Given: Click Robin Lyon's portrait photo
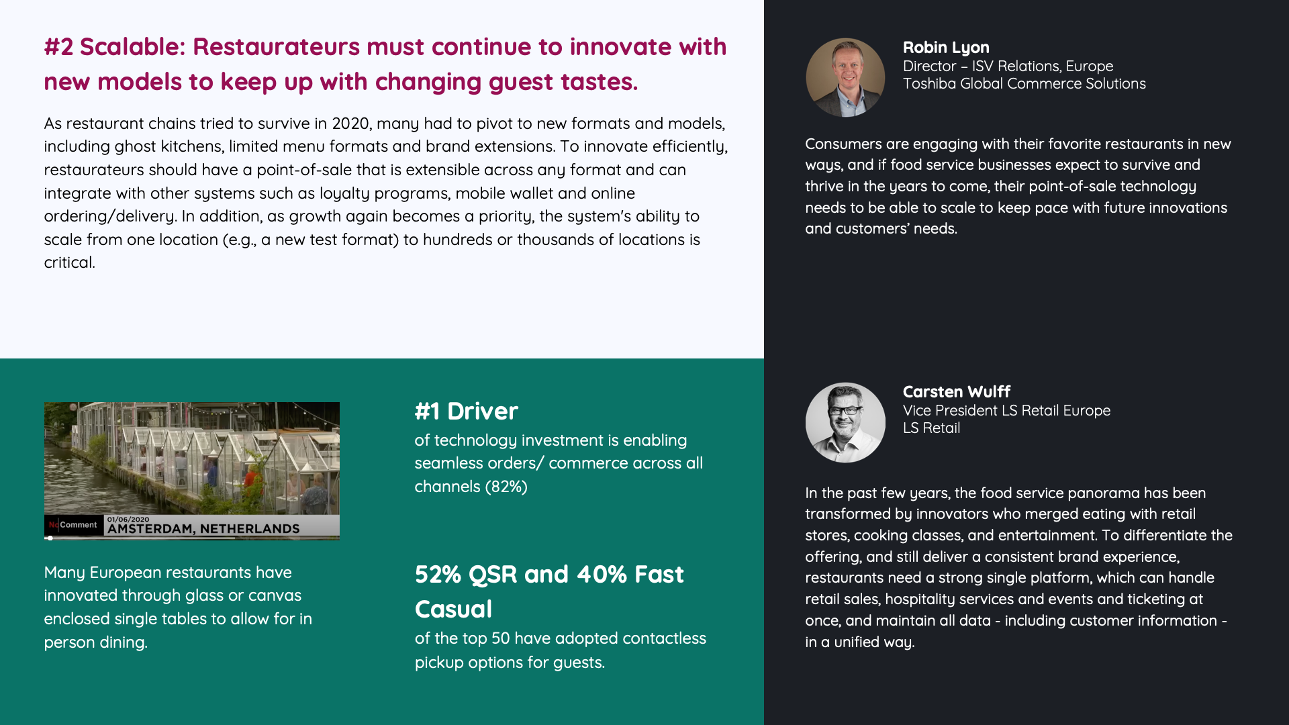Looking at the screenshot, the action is tap(845, 77).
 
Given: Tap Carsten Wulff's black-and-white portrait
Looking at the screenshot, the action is tap(845, 422).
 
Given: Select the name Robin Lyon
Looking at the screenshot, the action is tap(946, 48).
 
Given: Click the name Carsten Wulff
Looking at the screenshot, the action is tap(957, 391).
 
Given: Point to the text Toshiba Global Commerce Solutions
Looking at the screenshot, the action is tap(1024, 83).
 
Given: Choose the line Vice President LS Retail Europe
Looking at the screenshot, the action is tap(1006, 410).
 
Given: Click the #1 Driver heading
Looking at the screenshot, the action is tap(467, 411).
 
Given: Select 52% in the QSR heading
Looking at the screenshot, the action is tap(438, 575).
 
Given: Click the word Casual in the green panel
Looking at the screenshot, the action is tap(454, 610).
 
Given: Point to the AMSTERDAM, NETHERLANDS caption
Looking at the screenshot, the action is tap(203, 529).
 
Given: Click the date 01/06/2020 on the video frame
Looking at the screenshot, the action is tap(128, 519).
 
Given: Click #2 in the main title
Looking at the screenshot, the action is tap(58, 47).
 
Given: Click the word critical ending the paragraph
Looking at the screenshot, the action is tap(70, 262).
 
